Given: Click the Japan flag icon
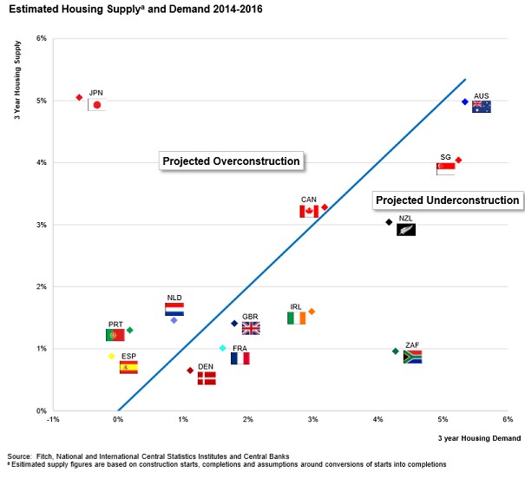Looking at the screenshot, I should (x=97, y=105).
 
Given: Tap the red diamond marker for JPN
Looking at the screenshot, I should (x=79, y=97).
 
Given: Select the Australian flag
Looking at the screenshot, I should (x=482, y=107).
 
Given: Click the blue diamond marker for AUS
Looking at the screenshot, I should (x=465, y=102).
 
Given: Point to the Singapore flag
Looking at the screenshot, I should (x=447, y=167).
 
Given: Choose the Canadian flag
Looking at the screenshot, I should (x=309, y=211).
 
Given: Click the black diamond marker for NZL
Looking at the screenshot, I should (x=389, y=222).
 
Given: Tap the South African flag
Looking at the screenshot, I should (x=412, y=357).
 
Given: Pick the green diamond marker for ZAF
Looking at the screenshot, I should (x=396, y=351).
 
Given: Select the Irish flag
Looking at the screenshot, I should (x=297, y=318).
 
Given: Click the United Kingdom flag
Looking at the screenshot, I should (x=251, y=328).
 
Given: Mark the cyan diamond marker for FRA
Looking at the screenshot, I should (x=223, y=348).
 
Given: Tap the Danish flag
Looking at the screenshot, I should (x=207, y=378).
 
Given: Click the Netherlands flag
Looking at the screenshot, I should (x=174, y=309).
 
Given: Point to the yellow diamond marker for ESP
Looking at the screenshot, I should (x=111, y=356).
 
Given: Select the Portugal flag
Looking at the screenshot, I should (x=115, y=335).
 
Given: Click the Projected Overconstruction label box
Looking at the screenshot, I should (x=232, y=161).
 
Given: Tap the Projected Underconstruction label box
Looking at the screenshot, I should (x=448, y=200).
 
